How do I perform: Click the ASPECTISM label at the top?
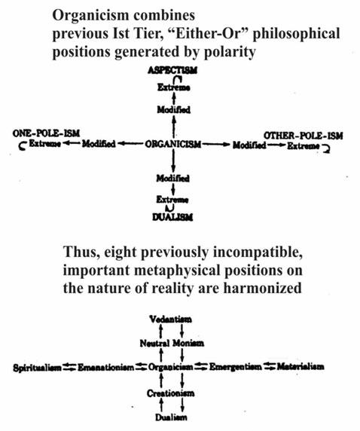pyautogui.click(x=172, y=70)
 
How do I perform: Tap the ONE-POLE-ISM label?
pyautogui.click(x=46, y=133)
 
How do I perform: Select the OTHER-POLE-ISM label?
pyautogui.click(x=304, y=136)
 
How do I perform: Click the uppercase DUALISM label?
pyautogui.click(x=172, y=217)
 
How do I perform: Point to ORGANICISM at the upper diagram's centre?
pyautogui.click(x=173, y=144)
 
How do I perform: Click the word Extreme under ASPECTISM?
pyautogui.click(x=174, y=87)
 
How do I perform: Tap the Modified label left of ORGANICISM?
pyautogui.click(x=99, y=143)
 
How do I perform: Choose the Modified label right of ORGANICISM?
pyautogui.click(x=249, y=145)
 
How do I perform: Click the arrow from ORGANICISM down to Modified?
pyautogui.click(x=173, y=160)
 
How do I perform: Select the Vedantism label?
pyautogui.click(x=171, y=319)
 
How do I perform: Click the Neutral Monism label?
pyautogui.click(x=172, y=343)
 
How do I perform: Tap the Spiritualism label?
pyautogui.click(x=38, y=368)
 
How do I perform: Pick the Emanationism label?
pyautogui.click(x=106, y=367)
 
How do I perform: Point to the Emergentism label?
pyautogui.click(x=236, y=366)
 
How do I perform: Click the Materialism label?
pyautogui.click(x=301, y=366)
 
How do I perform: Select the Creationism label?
pyautogui.click(x=171, y=393)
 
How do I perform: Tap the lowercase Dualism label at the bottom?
pyautogui.click(x=171, y=417)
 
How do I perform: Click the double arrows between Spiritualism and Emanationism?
pyautogui.click(x=70, y=367)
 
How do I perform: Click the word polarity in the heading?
pyautogui.click(x=230, y=51)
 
